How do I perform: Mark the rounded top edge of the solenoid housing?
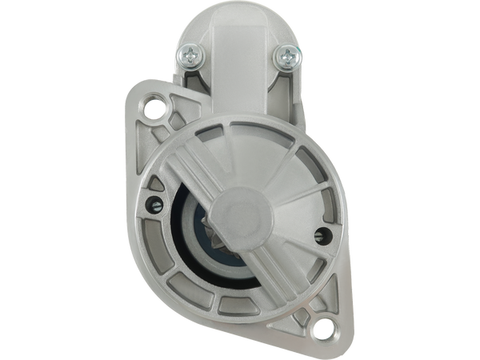[239, 10]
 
